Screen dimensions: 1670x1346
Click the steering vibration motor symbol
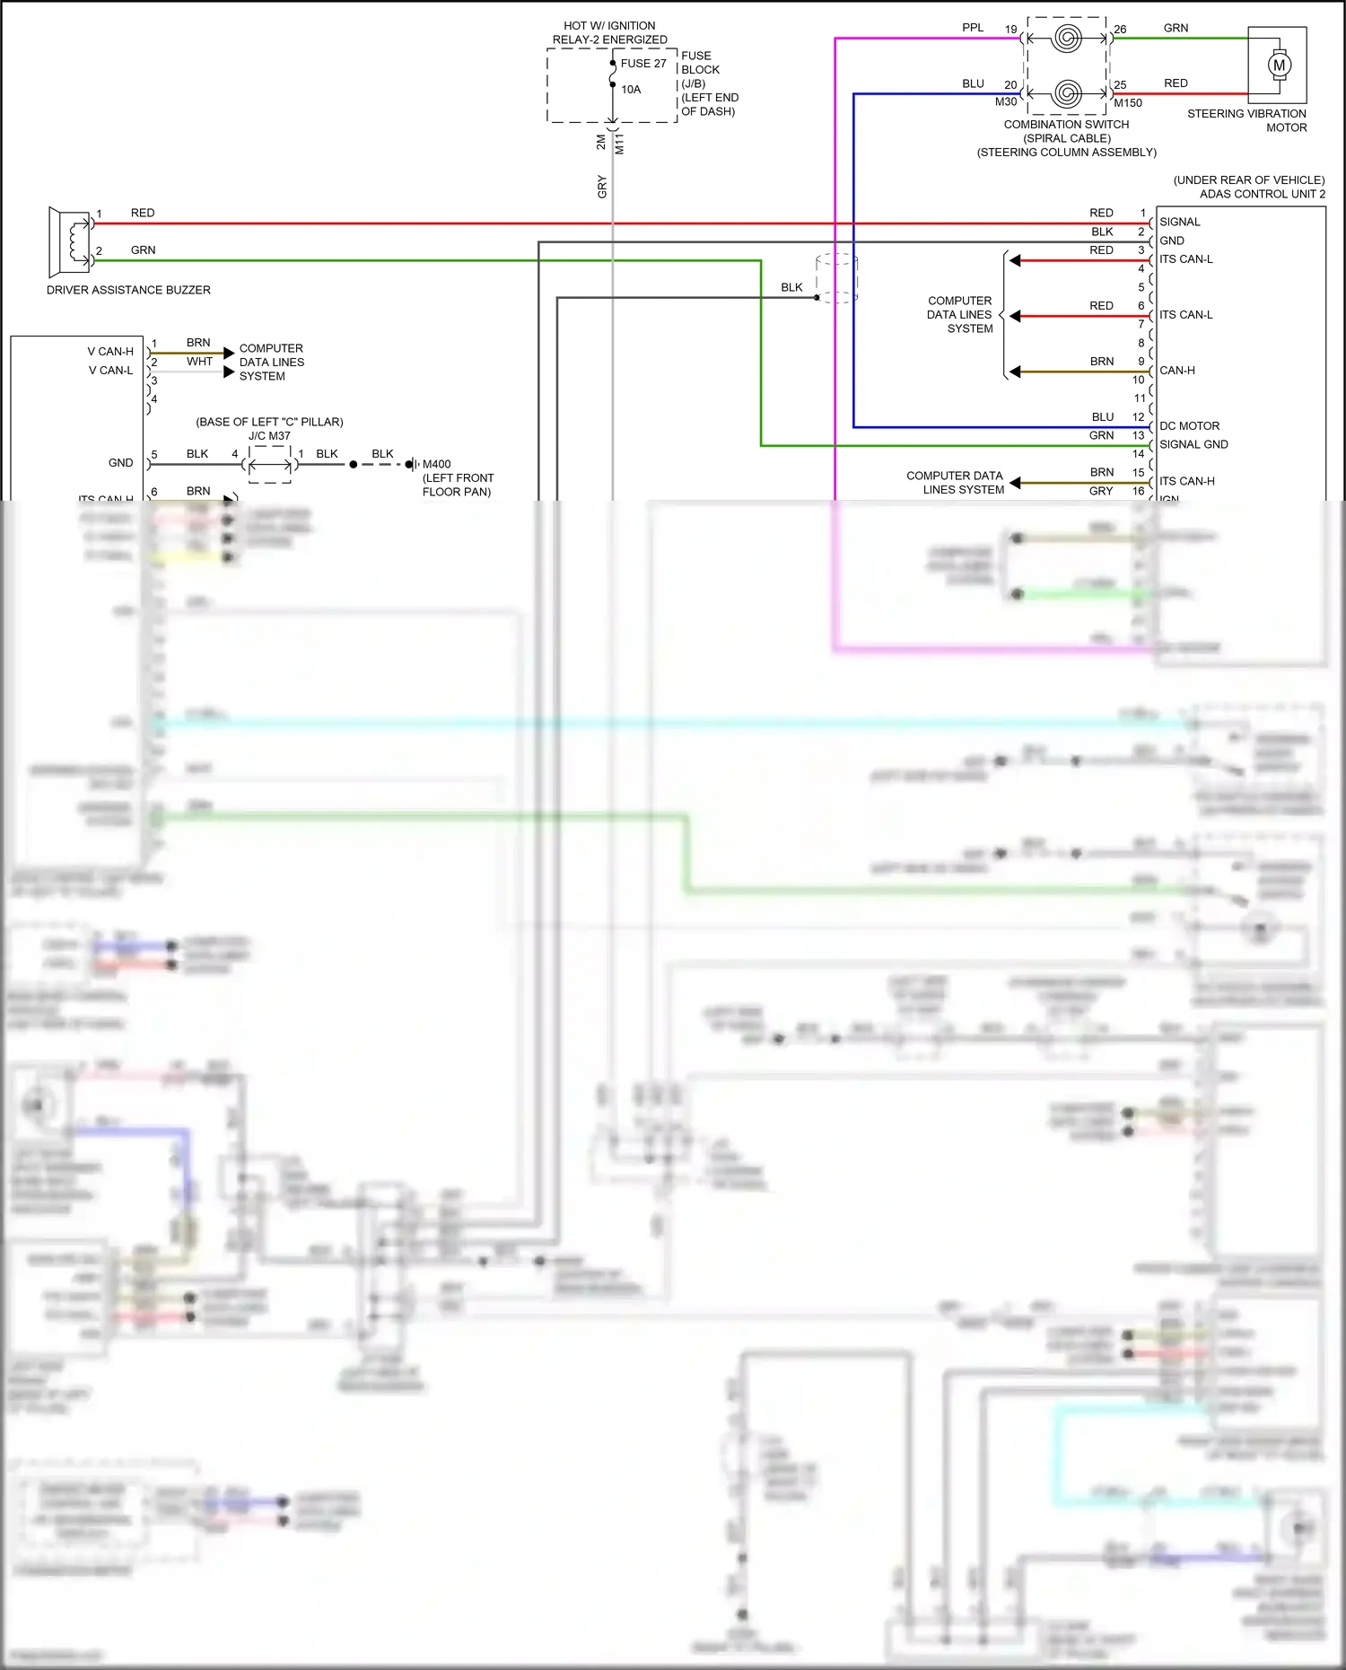[1279, 65]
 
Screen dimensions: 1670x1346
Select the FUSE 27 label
[643, 64]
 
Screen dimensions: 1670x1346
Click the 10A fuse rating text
[631, 90]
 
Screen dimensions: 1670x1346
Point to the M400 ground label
[437, 464]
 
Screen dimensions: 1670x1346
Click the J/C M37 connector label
[269, 436]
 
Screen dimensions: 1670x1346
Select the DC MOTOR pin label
[1189, 426]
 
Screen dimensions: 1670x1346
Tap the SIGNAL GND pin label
[1193, 444]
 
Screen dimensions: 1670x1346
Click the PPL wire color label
[973, 28]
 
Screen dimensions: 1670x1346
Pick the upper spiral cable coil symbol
[1067, 39]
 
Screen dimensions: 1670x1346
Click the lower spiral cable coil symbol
[1067, 93]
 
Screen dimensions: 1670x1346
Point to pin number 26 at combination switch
[1120, 30]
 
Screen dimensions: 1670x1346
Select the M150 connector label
[1128, 103]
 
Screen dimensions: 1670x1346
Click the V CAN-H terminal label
[110, 352]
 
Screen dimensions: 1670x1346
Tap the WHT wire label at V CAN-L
[199, 362]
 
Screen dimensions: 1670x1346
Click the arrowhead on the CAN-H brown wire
[1015, 372]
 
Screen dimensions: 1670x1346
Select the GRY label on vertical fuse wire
[602, 187]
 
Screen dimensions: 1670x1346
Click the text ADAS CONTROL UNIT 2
[1262, 194]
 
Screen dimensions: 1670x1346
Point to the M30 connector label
[1006, 102]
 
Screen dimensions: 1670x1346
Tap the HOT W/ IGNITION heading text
[609, 26]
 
